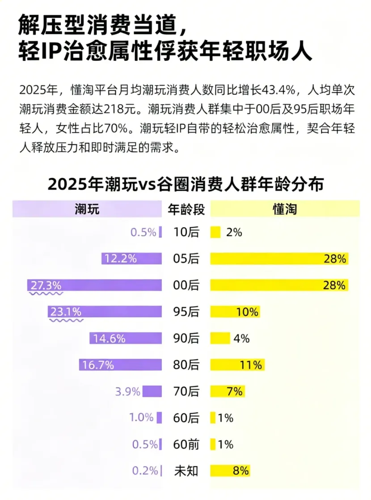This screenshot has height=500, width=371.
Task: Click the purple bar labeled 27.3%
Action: [94, 285]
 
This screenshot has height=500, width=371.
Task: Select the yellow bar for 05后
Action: [279, 258]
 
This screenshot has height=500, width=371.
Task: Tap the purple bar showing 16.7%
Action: [121, 365]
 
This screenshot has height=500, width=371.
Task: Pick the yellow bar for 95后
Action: [235, 312]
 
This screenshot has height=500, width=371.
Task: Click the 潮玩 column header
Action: [87, 209]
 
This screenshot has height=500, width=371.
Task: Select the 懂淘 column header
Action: [285, 209]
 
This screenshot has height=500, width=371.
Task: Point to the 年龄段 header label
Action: [186, 209]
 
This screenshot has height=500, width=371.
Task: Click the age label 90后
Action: [186, 338]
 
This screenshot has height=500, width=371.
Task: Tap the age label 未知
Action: [186, 471]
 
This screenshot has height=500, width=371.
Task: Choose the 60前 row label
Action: [186, 444]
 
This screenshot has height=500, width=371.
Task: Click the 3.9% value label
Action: [127, 391]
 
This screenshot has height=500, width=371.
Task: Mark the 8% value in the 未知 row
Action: [240, 470]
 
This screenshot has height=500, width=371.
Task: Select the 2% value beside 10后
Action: [234, 232]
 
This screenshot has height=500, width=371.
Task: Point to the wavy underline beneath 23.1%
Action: [66, 320]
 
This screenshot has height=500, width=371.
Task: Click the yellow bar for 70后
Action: [227, 391]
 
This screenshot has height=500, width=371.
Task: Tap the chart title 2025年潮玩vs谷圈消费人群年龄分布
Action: [186, 184]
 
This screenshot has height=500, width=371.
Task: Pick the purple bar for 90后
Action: [126, 338]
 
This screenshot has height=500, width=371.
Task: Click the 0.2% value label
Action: [145, 470]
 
